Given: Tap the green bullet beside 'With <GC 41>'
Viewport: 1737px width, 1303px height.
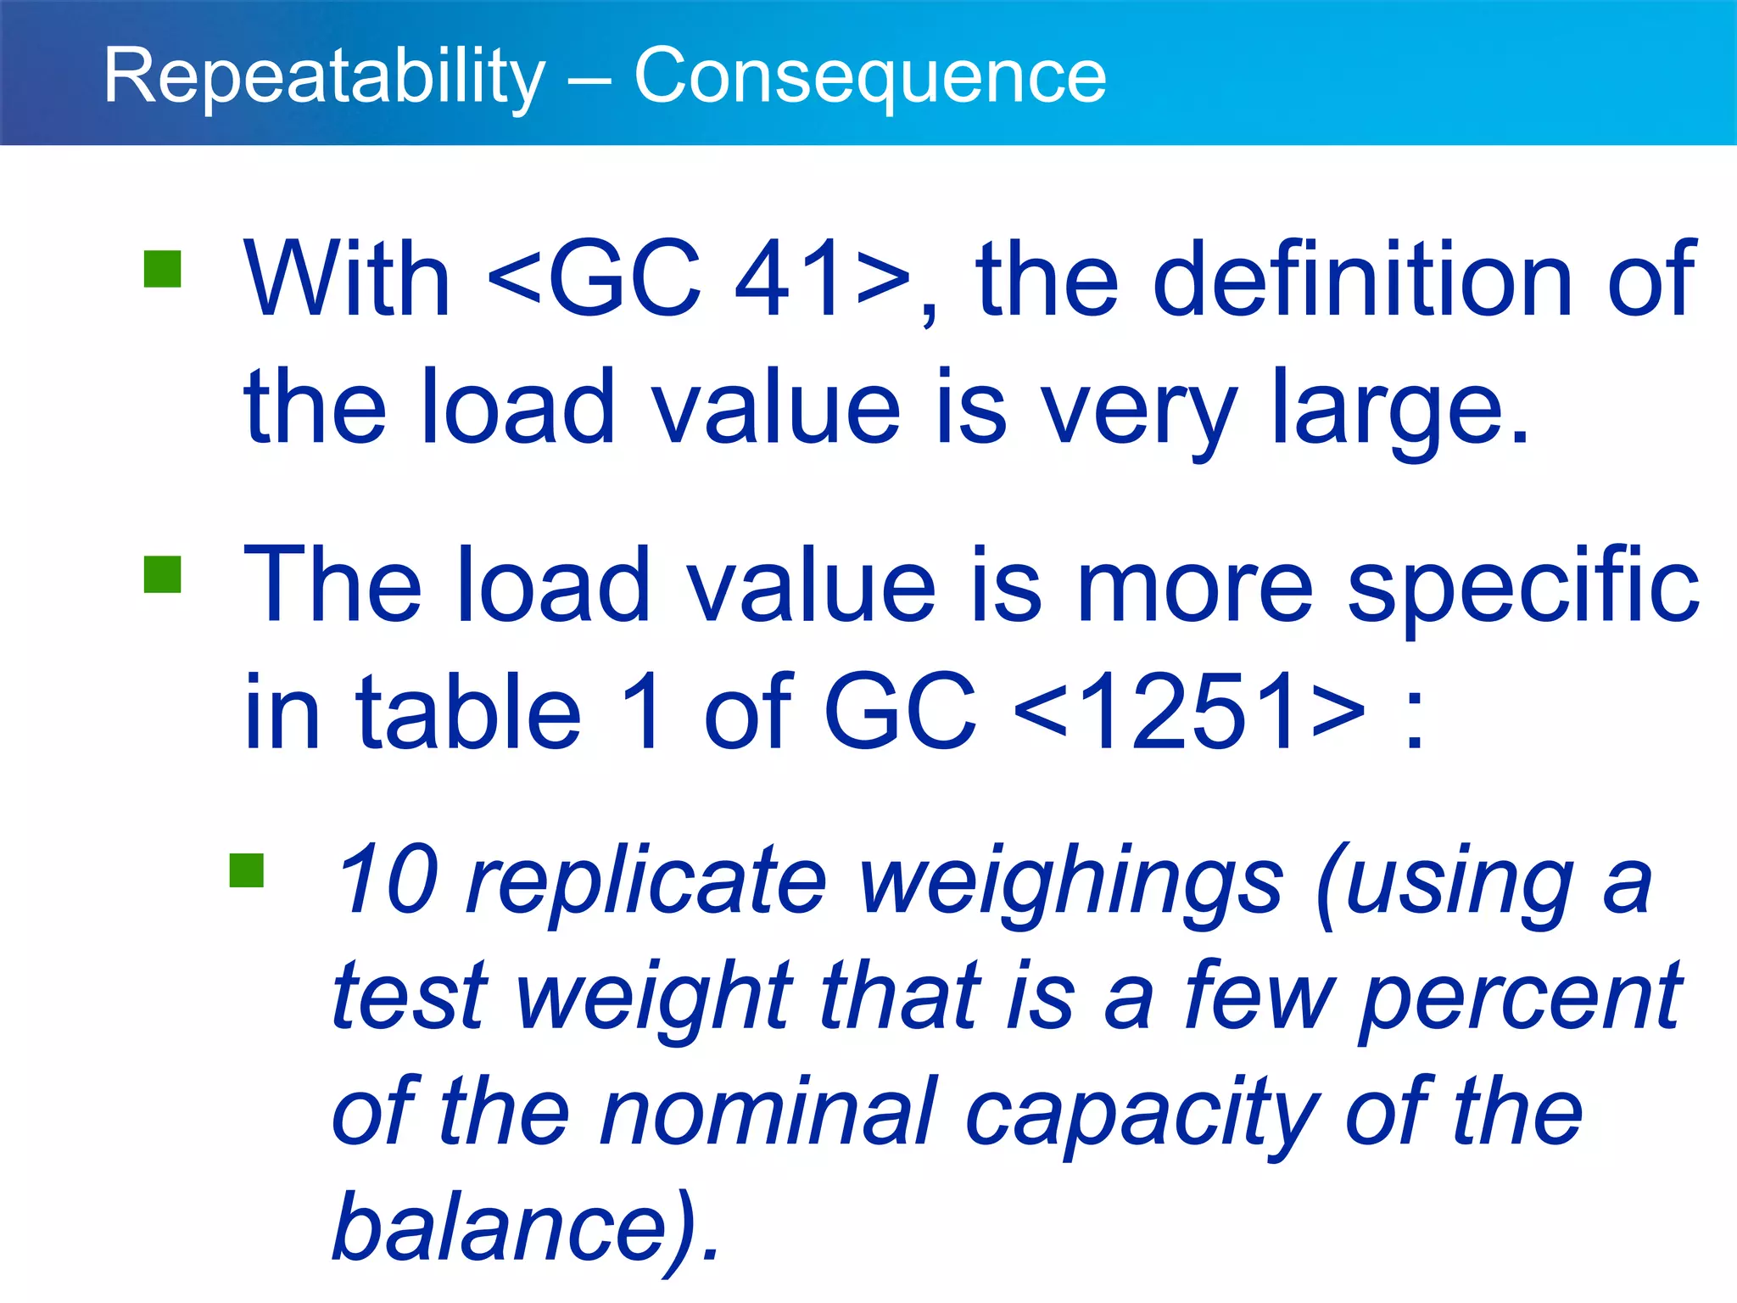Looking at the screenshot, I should pos(163,269).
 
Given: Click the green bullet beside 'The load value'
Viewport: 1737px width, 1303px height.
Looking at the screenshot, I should pos(163,574).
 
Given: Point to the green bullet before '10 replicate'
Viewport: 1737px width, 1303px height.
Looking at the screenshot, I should pos(247,870).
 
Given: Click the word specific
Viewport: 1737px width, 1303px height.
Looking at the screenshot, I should pos(1522,585).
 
